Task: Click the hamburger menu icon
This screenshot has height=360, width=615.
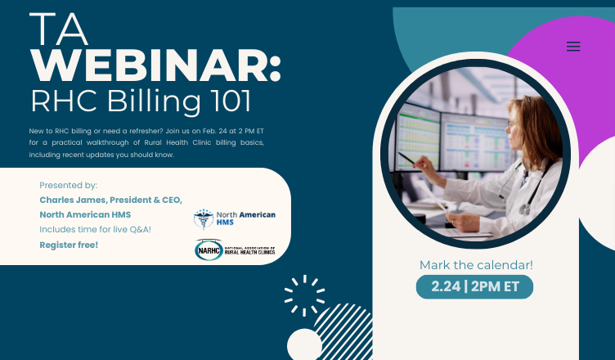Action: coord(573,47)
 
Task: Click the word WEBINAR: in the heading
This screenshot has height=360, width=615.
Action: coord(155,65)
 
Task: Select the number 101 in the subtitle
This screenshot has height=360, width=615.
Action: coord(222,101)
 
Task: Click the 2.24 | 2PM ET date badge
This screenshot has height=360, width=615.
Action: coord(475,286)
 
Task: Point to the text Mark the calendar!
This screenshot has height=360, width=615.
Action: coord(476,265)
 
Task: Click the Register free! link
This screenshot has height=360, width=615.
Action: coord(69,245)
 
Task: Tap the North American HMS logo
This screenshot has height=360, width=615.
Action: coord(235,219)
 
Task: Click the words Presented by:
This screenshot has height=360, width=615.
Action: coord(68,186)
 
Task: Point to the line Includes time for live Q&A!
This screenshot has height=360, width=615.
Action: coord(95,230)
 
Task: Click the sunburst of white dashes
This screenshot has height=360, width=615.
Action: coord(303,295)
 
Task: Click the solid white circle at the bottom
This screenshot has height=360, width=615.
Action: coord(304,345)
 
